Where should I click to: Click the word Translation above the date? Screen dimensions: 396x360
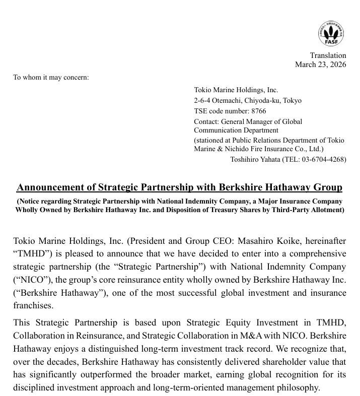tap(328, 55)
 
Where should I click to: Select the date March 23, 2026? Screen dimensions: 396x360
tap(320, 64)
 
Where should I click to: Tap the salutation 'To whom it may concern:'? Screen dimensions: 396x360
tap(51, 78)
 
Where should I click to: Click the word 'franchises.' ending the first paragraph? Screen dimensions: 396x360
tap(32, 305)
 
